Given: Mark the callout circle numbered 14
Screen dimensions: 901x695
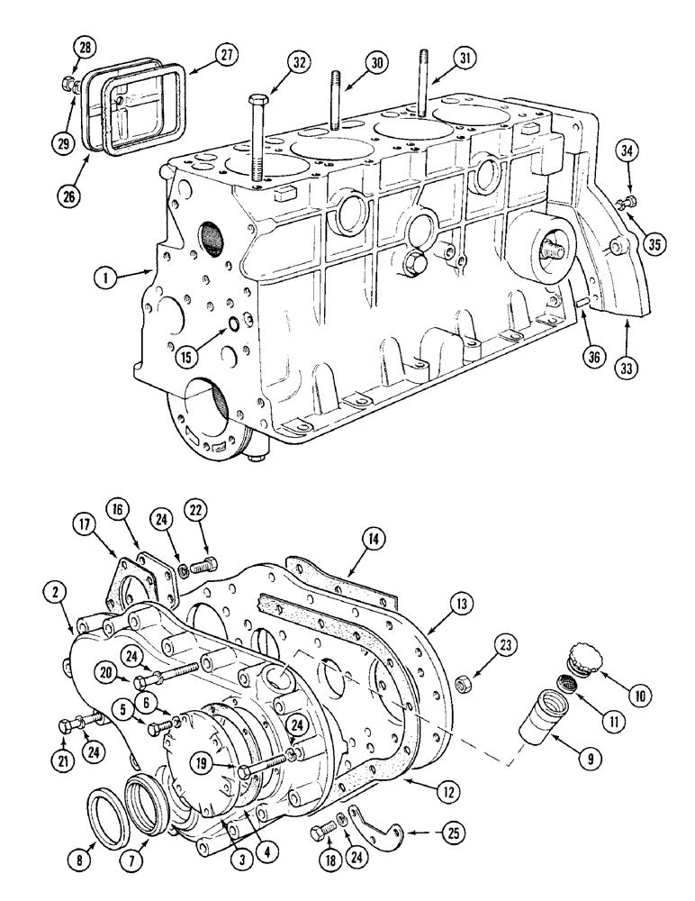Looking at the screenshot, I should click(372, 540).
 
